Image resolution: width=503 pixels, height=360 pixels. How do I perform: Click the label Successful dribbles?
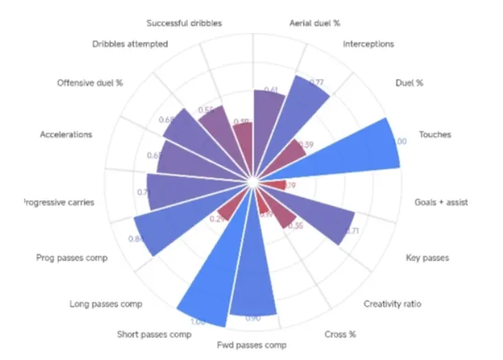[184, 23]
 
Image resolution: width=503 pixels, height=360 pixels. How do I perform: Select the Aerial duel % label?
[315, 23]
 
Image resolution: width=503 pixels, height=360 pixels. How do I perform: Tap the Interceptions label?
[368, 44]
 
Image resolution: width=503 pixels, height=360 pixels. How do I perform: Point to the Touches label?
[435, 135]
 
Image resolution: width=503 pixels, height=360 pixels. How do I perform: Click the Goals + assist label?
[441, 203]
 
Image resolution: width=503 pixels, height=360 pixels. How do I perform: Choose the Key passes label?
[427, 258]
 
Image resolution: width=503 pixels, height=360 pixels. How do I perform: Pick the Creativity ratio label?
[392, 304]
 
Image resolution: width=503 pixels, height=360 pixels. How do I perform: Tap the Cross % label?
[339, 335]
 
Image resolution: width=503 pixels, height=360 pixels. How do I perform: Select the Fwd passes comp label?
[252, 344]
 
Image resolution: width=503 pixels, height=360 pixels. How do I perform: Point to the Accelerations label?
[66, 135]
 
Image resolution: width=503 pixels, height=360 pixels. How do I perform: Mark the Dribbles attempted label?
[130, 45]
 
